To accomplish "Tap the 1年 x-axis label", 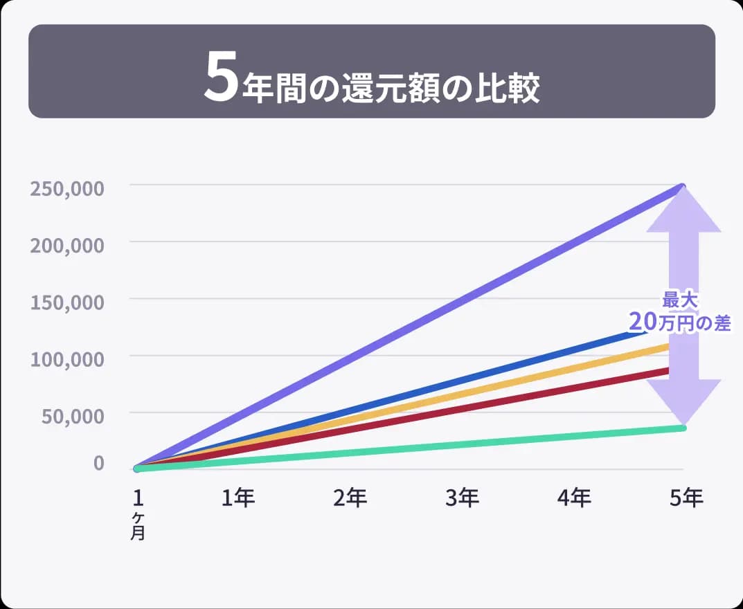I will click(x=238, y=498).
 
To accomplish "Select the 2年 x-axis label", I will click(x=350, y=498).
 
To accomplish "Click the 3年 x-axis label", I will click(x=462, y=498).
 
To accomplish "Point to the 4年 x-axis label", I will click(x=574, y=498).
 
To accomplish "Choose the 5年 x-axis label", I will click(x=686, y=498).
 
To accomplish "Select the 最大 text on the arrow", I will click(x=679, y=300).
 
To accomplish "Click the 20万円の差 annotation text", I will click(x=679, y=321).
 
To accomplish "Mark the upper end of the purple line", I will click(x=682, y=187).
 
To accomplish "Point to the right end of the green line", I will click(x=683, y=428).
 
